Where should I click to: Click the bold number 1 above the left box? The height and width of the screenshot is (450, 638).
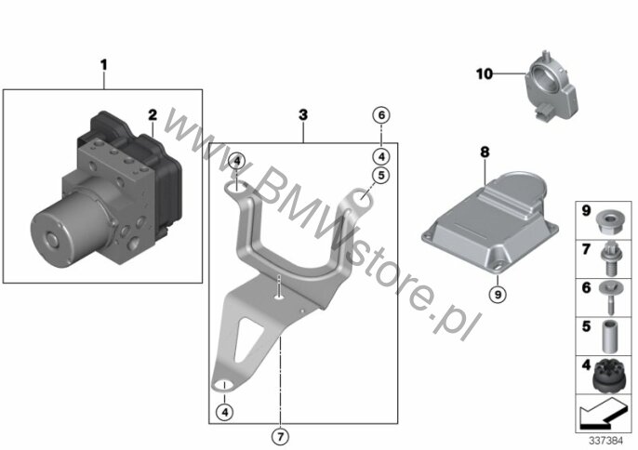click(104, 65)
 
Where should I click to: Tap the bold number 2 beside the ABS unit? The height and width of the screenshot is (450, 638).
click(153, 114)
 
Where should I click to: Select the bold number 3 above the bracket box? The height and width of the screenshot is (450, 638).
click(303, 114)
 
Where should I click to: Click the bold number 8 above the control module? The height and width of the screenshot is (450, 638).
click(485, 152)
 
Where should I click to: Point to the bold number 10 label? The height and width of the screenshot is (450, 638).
click(485, 74)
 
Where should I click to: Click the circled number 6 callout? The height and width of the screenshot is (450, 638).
click(381, 115)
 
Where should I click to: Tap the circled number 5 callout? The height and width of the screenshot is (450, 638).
click(381, 176)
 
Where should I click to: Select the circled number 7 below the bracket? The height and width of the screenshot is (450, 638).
click(280, 437)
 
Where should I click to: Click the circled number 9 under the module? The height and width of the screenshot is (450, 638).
click(498, 294)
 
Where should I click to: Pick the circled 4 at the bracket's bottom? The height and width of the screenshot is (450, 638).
click(225, 412)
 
